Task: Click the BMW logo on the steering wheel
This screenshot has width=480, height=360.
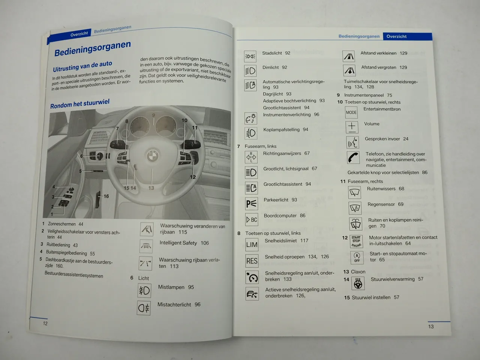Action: click(x=152, y=156)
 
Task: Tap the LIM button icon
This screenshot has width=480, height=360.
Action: click(x=252, y=244)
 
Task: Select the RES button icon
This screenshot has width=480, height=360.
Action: click(x=252, y=261)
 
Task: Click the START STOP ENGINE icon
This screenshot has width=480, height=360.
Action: click(x=356, y=241)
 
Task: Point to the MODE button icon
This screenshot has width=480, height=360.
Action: click(x=351, y=112)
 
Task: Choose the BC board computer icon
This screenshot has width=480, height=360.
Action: click(x=252, y=219)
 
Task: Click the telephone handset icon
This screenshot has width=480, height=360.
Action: click(x=353, y=157)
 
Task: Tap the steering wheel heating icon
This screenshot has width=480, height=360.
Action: click(x=358, y=283)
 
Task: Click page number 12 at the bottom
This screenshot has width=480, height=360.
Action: click(x=45, y=324)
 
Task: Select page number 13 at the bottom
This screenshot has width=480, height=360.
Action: click(x=431, y=327)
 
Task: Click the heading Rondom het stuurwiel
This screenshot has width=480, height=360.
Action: click(x=80, y=103)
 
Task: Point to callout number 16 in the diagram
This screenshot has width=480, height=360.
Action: click(x=106, y=196)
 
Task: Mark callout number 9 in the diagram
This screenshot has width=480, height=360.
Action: click(x=153, y=115)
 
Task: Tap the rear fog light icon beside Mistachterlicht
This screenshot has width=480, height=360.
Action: click(x=144, y=308)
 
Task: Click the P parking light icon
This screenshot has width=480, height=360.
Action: click(x=252, y=204)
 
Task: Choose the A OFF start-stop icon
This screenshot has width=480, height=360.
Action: click(x=357, y=258)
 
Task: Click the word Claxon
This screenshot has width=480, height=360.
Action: click(x=358, y=272)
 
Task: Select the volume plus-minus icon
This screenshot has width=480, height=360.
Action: click(x=352, y=127)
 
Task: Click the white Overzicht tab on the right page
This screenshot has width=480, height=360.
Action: click(x=396, y=36)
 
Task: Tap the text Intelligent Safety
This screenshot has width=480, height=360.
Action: click(x=178, y=243)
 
